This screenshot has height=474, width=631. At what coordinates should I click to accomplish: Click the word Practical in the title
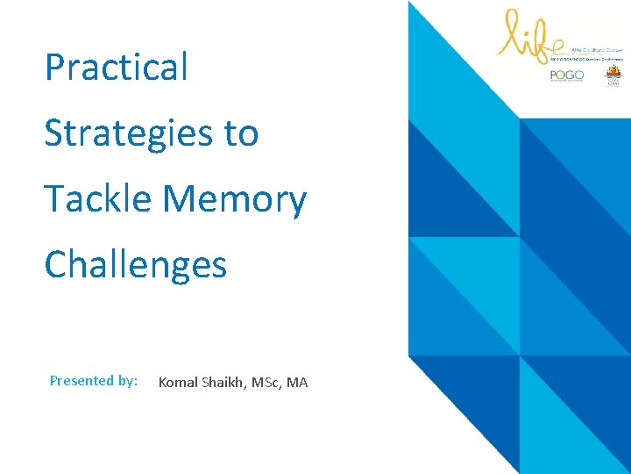coord(117,67)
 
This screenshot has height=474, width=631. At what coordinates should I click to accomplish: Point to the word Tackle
coord(98,198)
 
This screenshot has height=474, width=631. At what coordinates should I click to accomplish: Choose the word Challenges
coord(136,264)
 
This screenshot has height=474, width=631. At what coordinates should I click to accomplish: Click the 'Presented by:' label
coord(94,381)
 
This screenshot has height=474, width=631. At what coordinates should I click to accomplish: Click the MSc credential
coord(266,382)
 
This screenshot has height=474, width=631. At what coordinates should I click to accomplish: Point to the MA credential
coord(297,382)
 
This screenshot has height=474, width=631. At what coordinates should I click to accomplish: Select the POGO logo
coord(566,76)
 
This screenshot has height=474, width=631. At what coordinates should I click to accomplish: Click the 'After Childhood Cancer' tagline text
coord(595,52)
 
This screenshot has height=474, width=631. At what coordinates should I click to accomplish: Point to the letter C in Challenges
coord(57,264)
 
